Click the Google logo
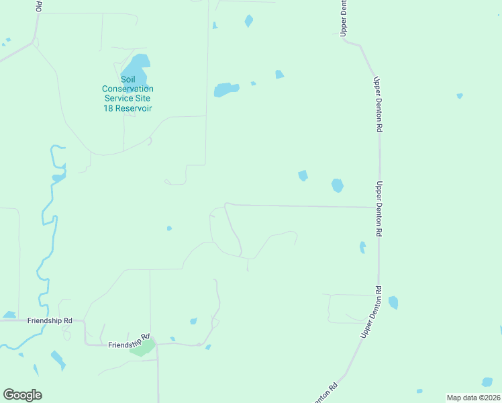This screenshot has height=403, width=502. point(22,395)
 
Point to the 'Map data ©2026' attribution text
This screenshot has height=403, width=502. point(473,398)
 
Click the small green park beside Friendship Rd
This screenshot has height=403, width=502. point(143,349)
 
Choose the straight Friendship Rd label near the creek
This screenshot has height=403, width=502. point(49,321)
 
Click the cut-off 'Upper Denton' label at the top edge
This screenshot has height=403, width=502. point(344,17)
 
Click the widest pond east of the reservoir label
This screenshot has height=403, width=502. point(226,89)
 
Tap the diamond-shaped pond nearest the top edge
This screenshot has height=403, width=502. point(249,21)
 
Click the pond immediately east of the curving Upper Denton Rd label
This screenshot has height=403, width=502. point(393,302)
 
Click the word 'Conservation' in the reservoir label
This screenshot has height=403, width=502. point(128,89)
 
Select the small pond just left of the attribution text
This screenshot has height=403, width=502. point(419,391)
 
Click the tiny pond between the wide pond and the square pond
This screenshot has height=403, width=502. point(253,83)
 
